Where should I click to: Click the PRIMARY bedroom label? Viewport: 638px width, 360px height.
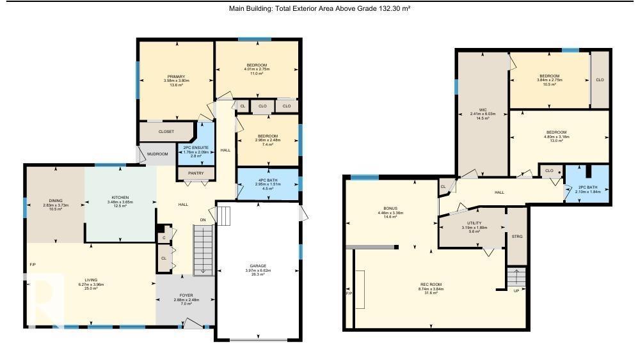(176, 76)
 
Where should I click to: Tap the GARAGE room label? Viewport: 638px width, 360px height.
(258, 265)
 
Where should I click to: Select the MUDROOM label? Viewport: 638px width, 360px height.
(157, 154)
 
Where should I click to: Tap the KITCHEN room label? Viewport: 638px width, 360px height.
(120, 197)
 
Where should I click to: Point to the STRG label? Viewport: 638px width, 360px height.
(517, 237)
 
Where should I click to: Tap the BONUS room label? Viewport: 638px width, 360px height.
(390, 210)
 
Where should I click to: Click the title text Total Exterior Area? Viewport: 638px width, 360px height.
(319, 8)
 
